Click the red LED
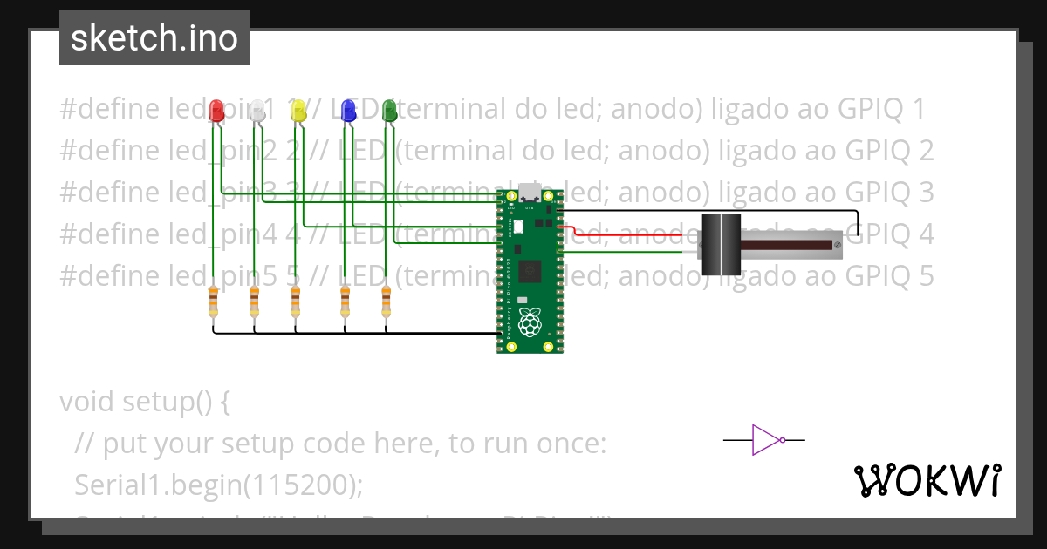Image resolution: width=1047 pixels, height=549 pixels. coord(216,110)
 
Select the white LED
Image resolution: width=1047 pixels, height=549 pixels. coord(257,110)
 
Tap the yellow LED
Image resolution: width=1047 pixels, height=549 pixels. coord(298,110)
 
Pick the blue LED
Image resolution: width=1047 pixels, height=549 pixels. coord(348,110)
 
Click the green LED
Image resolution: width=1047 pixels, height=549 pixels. coord(389,110)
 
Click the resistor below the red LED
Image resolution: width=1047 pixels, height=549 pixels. coord(214,303)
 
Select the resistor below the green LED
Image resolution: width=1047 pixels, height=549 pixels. coord(387,303)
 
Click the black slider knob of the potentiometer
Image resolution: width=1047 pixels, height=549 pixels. coord(721,245)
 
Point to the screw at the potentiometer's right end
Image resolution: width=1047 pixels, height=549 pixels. coord(838,247)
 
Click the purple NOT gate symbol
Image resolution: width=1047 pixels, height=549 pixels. coord(765,440)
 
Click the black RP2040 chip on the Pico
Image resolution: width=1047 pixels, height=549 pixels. coord(530,271)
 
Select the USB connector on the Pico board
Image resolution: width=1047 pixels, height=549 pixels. coord(530,192)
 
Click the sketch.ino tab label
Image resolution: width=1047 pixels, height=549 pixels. coord(154,38)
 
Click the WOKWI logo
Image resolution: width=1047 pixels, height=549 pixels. coord(927,480)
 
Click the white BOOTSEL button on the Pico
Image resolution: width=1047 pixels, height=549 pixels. coord(518,227)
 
